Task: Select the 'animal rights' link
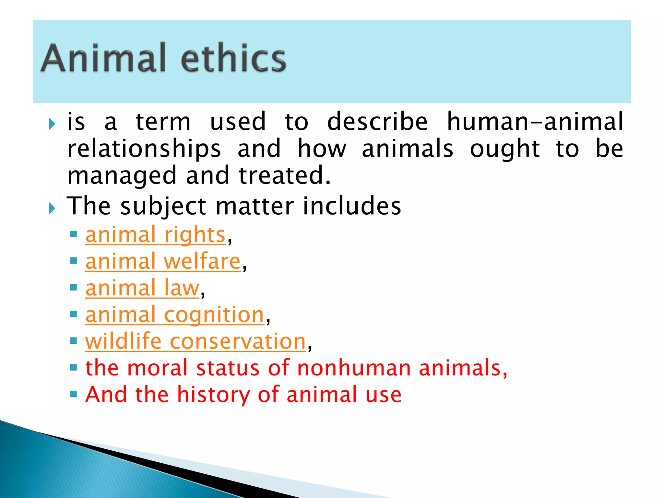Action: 155,235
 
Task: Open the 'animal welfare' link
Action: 163,262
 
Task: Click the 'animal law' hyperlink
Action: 142,288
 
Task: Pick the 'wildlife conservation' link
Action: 196,342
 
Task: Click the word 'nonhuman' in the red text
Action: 354,368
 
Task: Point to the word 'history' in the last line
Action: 213,395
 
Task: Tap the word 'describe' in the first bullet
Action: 377,122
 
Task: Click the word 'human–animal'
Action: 535,122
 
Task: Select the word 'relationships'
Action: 144,149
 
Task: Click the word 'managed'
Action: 122,176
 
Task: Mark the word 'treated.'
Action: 285,176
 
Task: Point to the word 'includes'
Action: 352,206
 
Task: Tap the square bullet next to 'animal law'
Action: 74,288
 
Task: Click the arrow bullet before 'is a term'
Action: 52,124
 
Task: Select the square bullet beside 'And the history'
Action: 74,394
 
